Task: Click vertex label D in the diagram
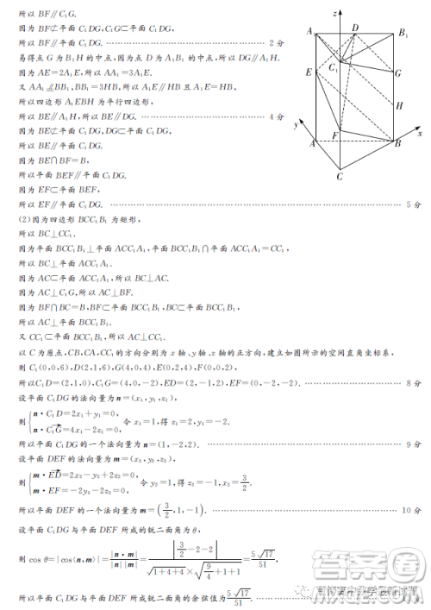(x=355, y=28)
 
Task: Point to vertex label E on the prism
(x=308, y=73)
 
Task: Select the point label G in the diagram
(x=398, y=73)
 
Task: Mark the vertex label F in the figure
(x=334, y=135)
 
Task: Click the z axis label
(x=334, y=10)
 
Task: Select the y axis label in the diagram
(x=296, y=125)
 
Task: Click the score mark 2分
(x=277, y=42)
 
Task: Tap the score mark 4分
(x=277, y=116)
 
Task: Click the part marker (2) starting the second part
(x=23, y=220)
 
